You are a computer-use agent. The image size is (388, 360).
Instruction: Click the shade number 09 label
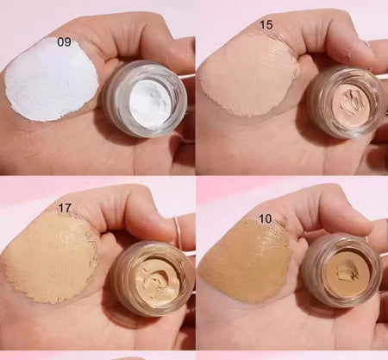(x=64, y=41)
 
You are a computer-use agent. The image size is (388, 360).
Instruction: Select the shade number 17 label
(x=62, y=206)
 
